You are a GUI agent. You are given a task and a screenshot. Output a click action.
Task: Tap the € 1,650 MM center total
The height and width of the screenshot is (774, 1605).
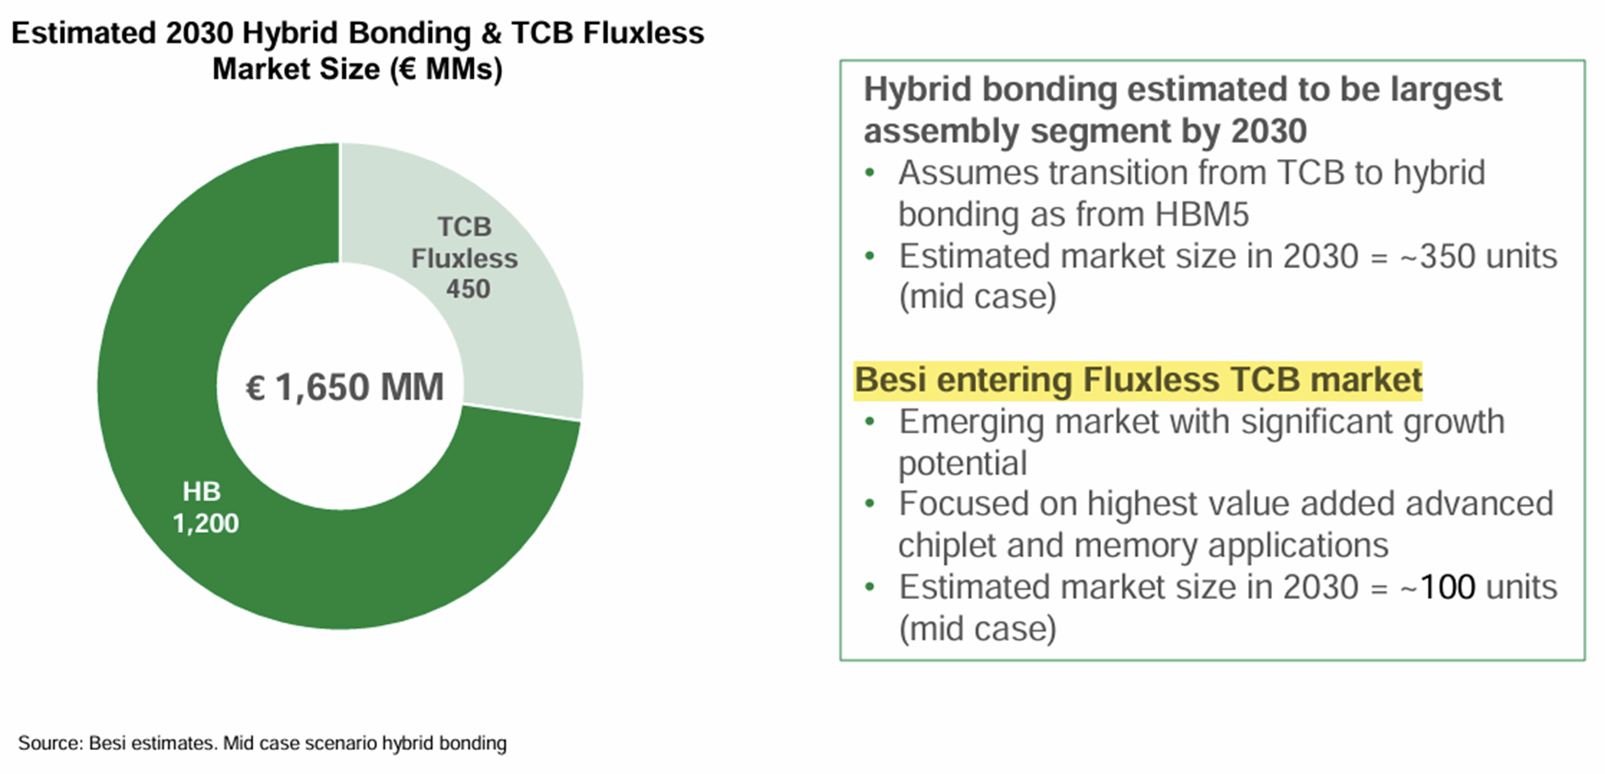pyautogui.click(x=344, y=387)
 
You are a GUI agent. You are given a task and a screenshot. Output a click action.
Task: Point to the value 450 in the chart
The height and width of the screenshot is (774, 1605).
pyautogui.click(x=468, y=289)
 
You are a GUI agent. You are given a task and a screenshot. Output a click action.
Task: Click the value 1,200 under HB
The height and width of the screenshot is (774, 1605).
pyautogui.click(x=205, y=524)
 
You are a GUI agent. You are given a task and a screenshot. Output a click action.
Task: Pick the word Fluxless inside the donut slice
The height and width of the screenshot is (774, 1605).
pyautogui.click(x=464, y=259)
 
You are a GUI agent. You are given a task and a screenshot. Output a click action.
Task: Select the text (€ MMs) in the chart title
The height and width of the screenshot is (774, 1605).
pyautogui.click(x=446, y=69)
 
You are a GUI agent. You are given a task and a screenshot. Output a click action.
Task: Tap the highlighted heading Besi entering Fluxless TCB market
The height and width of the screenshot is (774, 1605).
pyautogui.click(x=1139, y=380)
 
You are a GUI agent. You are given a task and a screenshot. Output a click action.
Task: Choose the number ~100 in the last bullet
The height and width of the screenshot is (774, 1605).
pyautogui.click(x=1438, y=587)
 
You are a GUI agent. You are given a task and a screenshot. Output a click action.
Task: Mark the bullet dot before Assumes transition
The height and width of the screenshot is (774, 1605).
pyautogui.click(x=870, y=173)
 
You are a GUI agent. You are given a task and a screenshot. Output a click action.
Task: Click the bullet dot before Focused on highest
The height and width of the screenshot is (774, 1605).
pyautogui.click(x=870, y=504)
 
